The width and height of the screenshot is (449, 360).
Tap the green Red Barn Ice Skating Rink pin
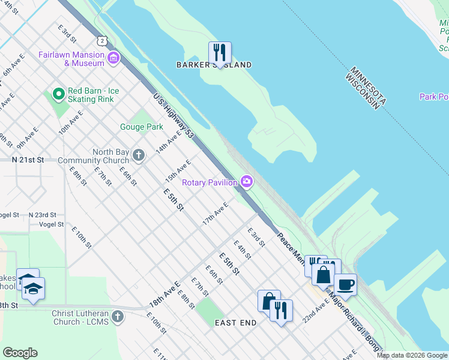click(x=58, y=94)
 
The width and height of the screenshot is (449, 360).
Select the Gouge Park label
click(x=142, y=127)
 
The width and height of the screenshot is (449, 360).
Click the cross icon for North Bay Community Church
click(x=139, y=156)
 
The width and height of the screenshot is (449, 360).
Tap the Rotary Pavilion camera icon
click(x=247, y=181)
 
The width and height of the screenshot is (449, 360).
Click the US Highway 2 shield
click(x=103, y=41)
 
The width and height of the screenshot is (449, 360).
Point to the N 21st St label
click(x=28, y=160)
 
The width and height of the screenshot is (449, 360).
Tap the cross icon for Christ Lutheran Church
click(x=118, y=316)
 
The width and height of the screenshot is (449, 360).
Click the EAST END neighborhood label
click(x=236, y=323)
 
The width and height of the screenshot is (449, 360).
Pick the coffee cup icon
click(x=345, y=284)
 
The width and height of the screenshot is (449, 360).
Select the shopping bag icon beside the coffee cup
click(x=323, y=275)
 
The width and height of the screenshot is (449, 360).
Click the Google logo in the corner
click(x=20, y=353)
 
